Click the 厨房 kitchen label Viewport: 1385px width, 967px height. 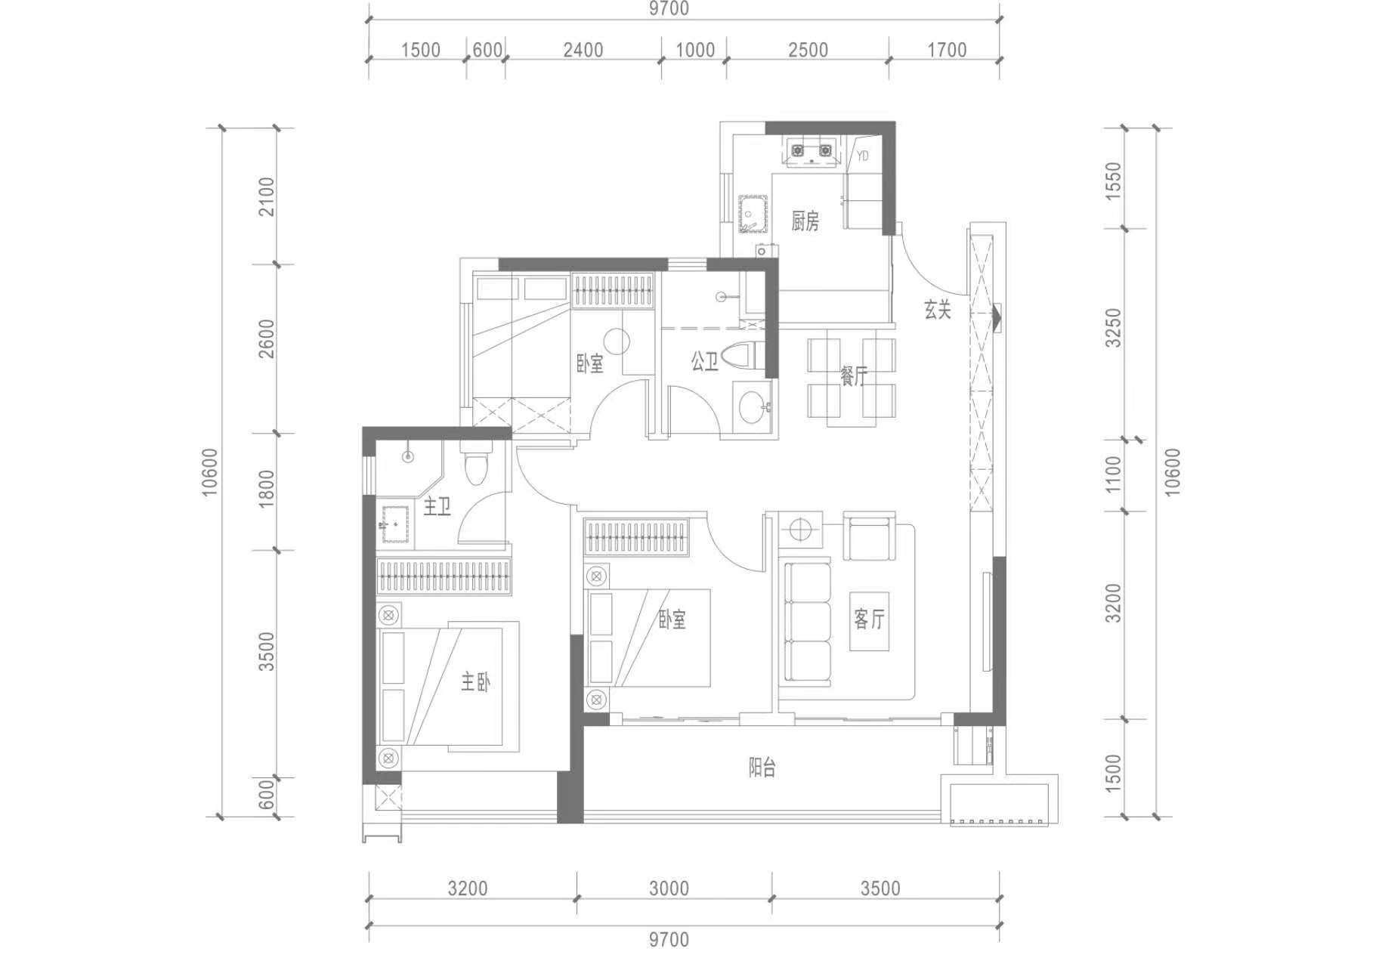tap(805, 221)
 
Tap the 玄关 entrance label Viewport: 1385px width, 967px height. tap(937, 309)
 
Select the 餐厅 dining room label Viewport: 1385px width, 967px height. tap(854, 375)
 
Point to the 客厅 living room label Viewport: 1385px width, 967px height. tap(869, 619)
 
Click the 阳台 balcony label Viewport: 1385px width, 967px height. tap(762, 768)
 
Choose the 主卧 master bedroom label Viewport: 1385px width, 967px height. tap(476, 683)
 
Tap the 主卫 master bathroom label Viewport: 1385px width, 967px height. tap(437, 506)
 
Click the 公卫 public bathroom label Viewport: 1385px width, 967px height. tap(704, 362)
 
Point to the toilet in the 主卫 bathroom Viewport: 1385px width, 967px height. tap(476, 464)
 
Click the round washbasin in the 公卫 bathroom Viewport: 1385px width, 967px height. tap(753, 407)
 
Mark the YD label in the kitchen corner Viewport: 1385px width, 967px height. tap(863, 156)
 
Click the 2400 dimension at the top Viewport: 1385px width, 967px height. tap(583, 51)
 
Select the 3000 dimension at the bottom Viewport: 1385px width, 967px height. tap(669, 888)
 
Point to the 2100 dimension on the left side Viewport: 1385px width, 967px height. tap(267, 196)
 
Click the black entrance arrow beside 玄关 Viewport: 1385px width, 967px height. tap(997, 317)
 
